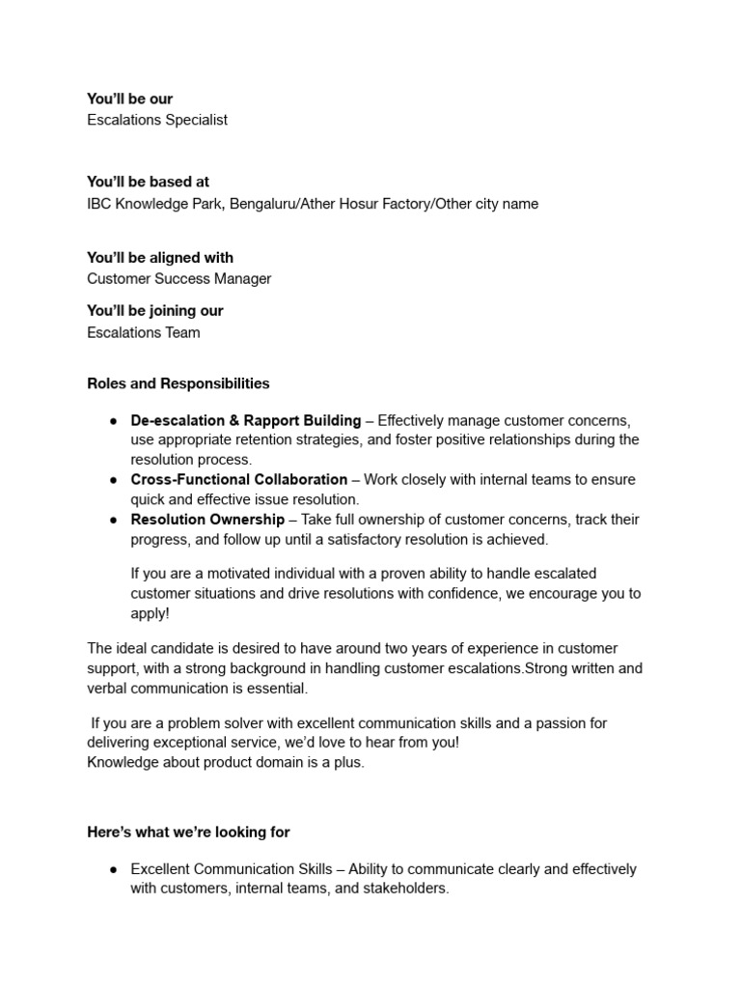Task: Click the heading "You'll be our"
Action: click(x=130, y=99)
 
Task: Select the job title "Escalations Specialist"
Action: click(x=157, y=120)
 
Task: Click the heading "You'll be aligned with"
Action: click(x=160, y=258)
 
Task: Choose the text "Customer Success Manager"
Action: click(x=179, y=279)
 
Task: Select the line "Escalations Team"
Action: click(x=144, y=332)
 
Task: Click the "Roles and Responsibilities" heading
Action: click(x=178, y=383)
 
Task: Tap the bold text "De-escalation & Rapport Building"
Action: click(x=246, y=421)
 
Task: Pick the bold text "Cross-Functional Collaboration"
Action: click(x=239, y=480)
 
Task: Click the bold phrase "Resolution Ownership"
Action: click(x=207, y=520)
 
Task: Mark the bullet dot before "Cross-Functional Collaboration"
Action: click(x=113, y=480)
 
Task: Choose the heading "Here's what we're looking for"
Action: click(x=188, y=832)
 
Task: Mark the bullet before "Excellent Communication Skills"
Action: click(x=113, y=869)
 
